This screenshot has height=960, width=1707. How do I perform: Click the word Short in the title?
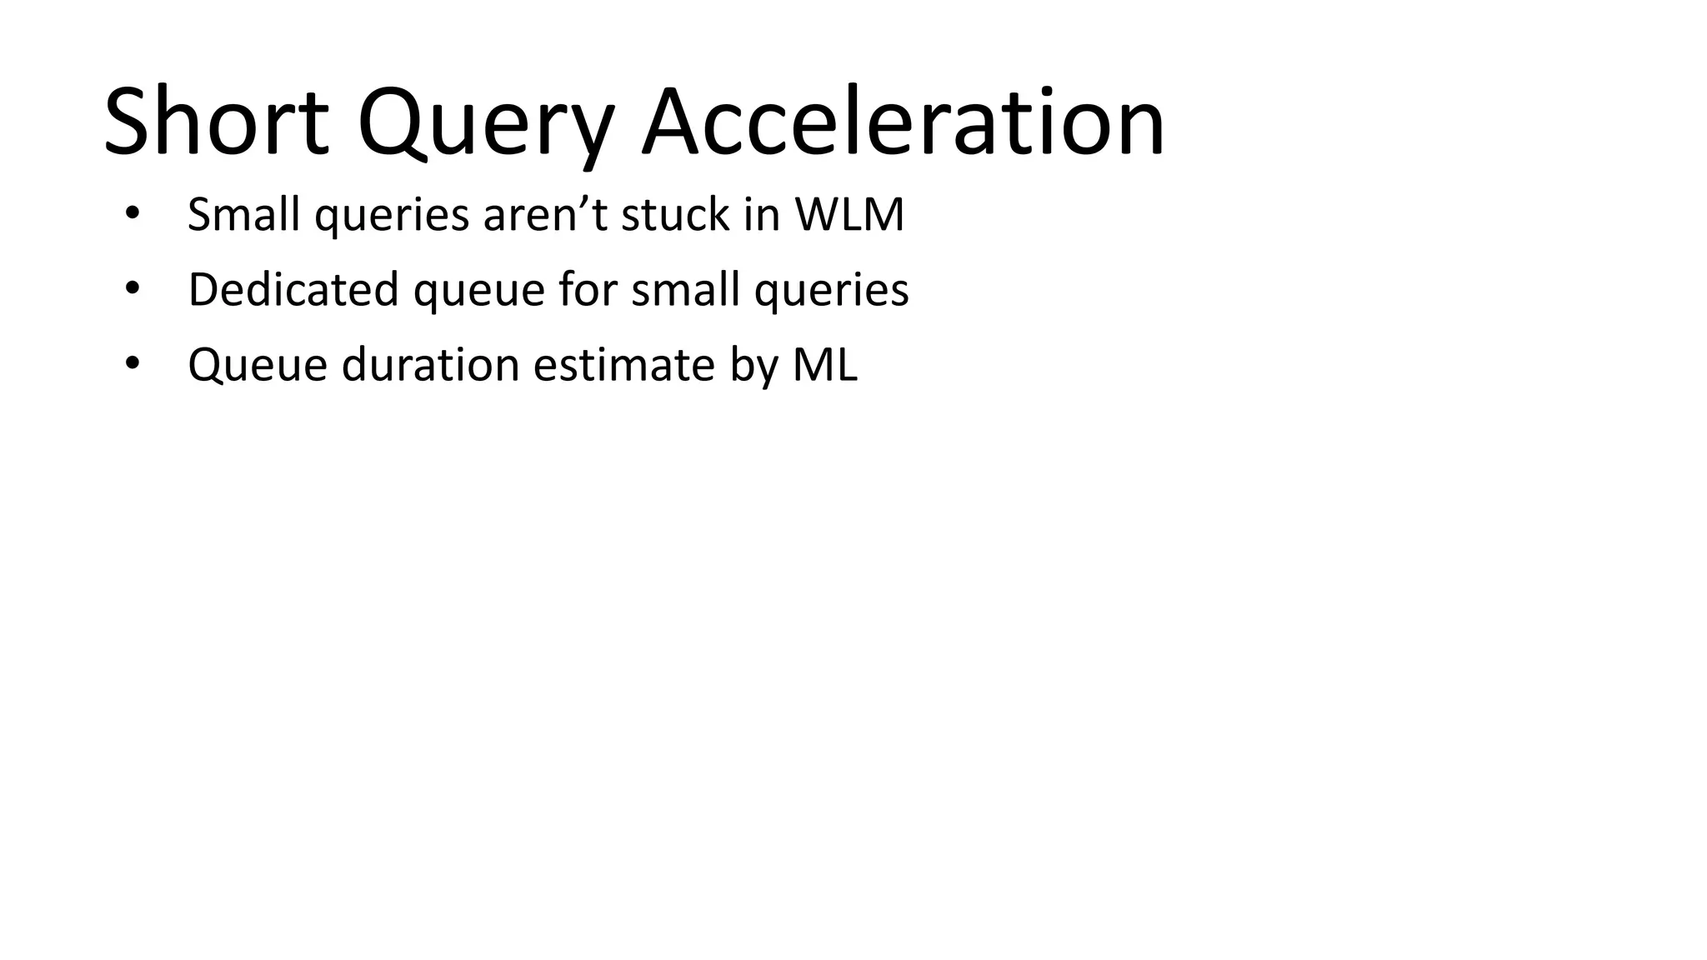tap(216, 123)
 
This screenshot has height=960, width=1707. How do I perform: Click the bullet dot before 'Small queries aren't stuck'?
tap(132, 213)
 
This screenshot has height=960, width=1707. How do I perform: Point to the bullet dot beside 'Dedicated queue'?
tap(132, 288)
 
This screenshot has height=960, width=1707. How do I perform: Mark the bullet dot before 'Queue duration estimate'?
tap(132, 363)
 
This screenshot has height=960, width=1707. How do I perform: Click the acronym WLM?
tap(849, 214)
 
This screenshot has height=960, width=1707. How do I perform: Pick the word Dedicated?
tap(293, 290)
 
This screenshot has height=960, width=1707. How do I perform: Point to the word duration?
tap(430, 365)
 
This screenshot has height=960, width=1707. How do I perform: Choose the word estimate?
tap(624, 365)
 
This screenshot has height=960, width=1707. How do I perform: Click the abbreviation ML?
tap(824, 365)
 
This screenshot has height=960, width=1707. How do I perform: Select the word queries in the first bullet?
tap(392, 216)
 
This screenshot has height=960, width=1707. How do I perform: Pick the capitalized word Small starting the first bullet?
tap(243, 214)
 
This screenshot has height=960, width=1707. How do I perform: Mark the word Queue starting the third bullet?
tap(258, 365)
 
